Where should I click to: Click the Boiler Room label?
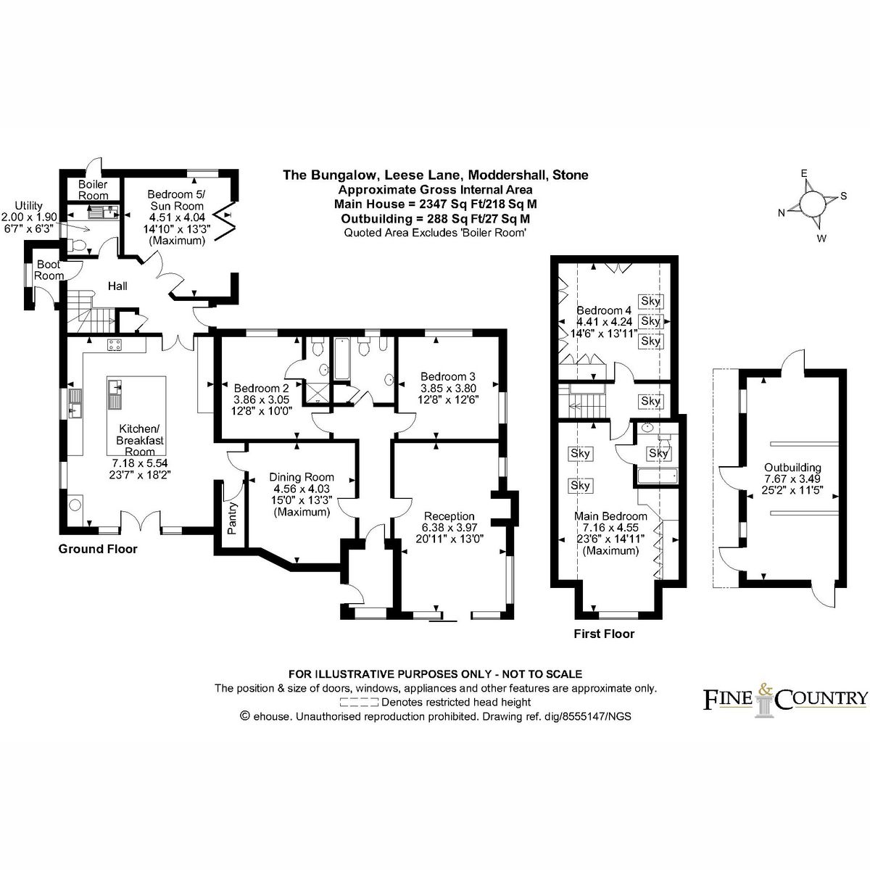click(93, 190)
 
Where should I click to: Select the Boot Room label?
click(49, 270)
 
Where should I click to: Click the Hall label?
click(117, 286)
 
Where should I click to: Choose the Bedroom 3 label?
click(448, 376)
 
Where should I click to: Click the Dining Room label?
click(302, 477)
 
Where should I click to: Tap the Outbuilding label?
click(792, 468)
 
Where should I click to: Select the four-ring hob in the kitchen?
click(115, 345)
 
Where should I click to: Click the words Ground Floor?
click(98, 549)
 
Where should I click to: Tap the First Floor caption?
click(604, 634)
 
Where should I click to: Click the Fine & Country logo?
click(786, 699)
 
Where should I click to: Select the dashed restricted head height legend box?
click(359, 702)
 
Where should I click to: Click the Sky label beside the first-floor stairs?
click(651, 401)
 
